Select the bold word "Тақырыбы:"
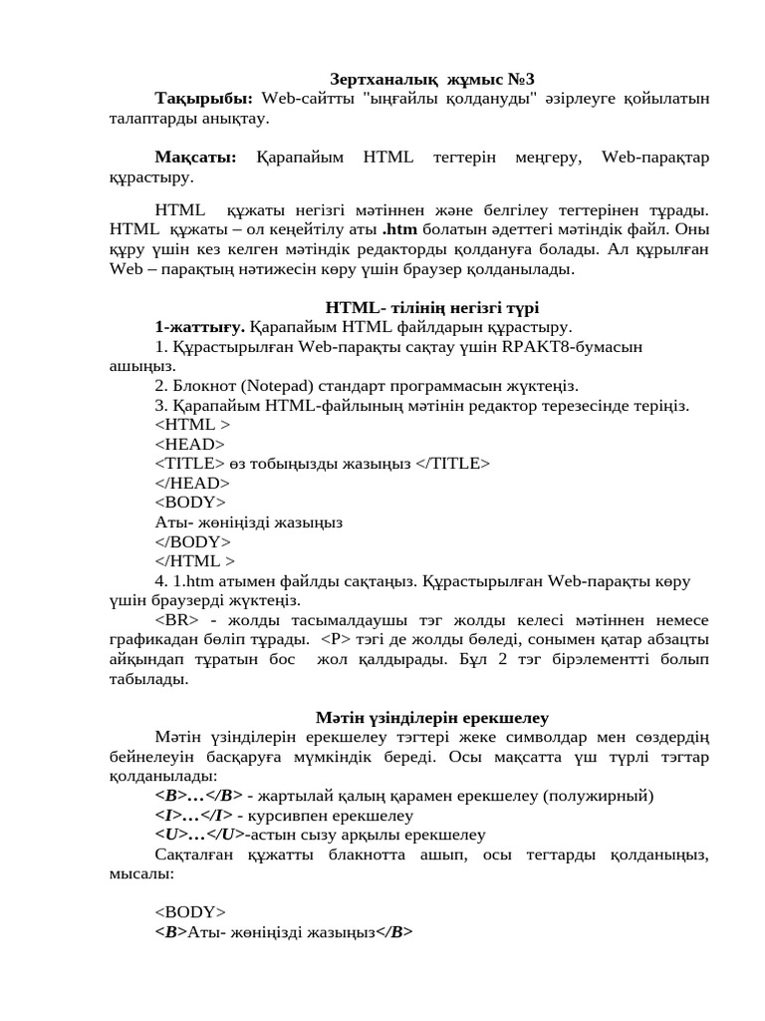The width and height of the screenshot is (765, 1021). pyautogui.click(x=204, y=98)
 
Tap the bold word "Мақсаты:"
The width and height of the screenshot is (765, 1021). pyautogui.click(x=196, y=158)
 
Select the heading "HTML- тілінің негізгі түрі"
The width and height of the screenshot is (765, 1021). pyautogui.click(x=432, y=308)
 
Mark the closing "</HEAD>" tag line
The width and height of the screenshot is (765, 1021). pyautogui.click(x=192, y=483)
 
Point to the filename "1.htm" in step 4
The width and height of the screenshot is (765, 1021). pyautogui.click(x=190, y=580)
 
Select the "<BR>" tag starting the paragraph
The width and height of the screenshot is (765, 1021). pyautogui.click(x=175, y=619)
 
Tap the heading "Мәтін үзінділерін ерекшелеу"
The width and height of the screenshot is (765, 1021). pyautogui.click(x=432, y=717)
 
